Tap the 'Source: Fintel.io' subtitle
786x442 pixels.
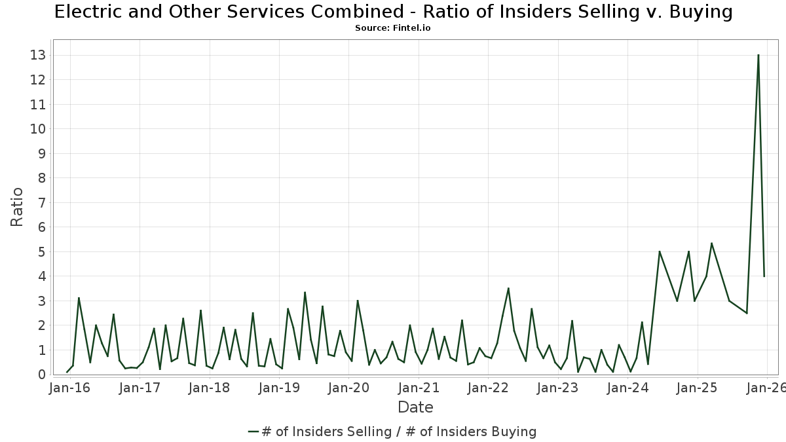pyautogui.click(x=392, y=28)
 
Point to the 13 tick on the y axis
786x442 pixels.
pyautogui.click(x=37, y=55)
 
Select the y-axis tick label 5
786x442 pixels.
pyautogui.click(x=41, y=252)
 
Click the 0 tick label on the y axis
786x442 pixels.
pyautogui.click(x=41, y=375)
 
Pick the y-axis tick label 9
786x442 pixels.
pyautogui.click(x=41, y=153)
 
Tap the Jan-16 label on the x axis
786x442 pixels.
pyautogui.click(x=70, y=388)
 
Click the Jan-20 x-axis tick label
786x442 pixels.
pyautogui.click(x=348, y=388)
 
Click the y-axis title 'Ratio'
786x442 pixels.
pyautogui.click(x=17, y=207)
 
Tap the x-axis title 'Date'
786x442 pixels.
pyautogui.click(x=415, y=407)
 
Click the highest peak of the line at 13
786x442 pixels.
pyautogui.click(x=758, y=55)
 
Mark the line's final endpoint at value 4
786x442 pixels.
pyautogui.click(x=764, y=276)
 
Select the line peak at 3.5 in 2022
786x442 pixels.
pyautogui.click(x=508, y=288)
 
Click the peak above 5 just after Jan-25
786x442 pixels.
pyautogui.click(x=711, y=243)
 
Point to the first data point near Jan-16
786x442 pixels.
pyautogui.click(x=67, y=372)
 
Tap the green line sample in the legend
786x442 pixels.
pyautogui.click(x=254, y=432)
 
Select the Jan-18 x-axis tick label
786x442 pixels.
pyautogui.click(x=210, y=388)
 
